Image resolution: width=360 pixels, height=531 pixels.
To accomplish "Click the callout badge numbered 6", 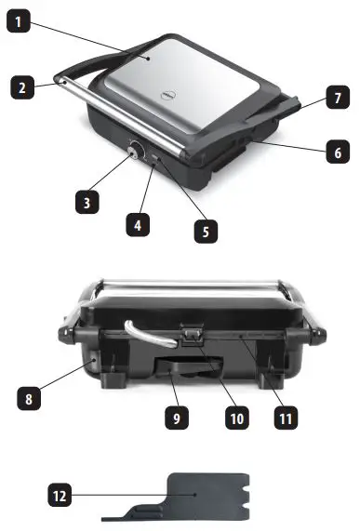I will [338, 152].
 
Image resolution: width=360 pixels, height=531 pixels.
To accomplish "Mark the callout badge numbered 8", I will [30, 401].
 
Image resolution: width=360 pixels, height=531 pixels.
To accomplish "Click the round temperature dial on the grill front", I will [136, 150].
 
